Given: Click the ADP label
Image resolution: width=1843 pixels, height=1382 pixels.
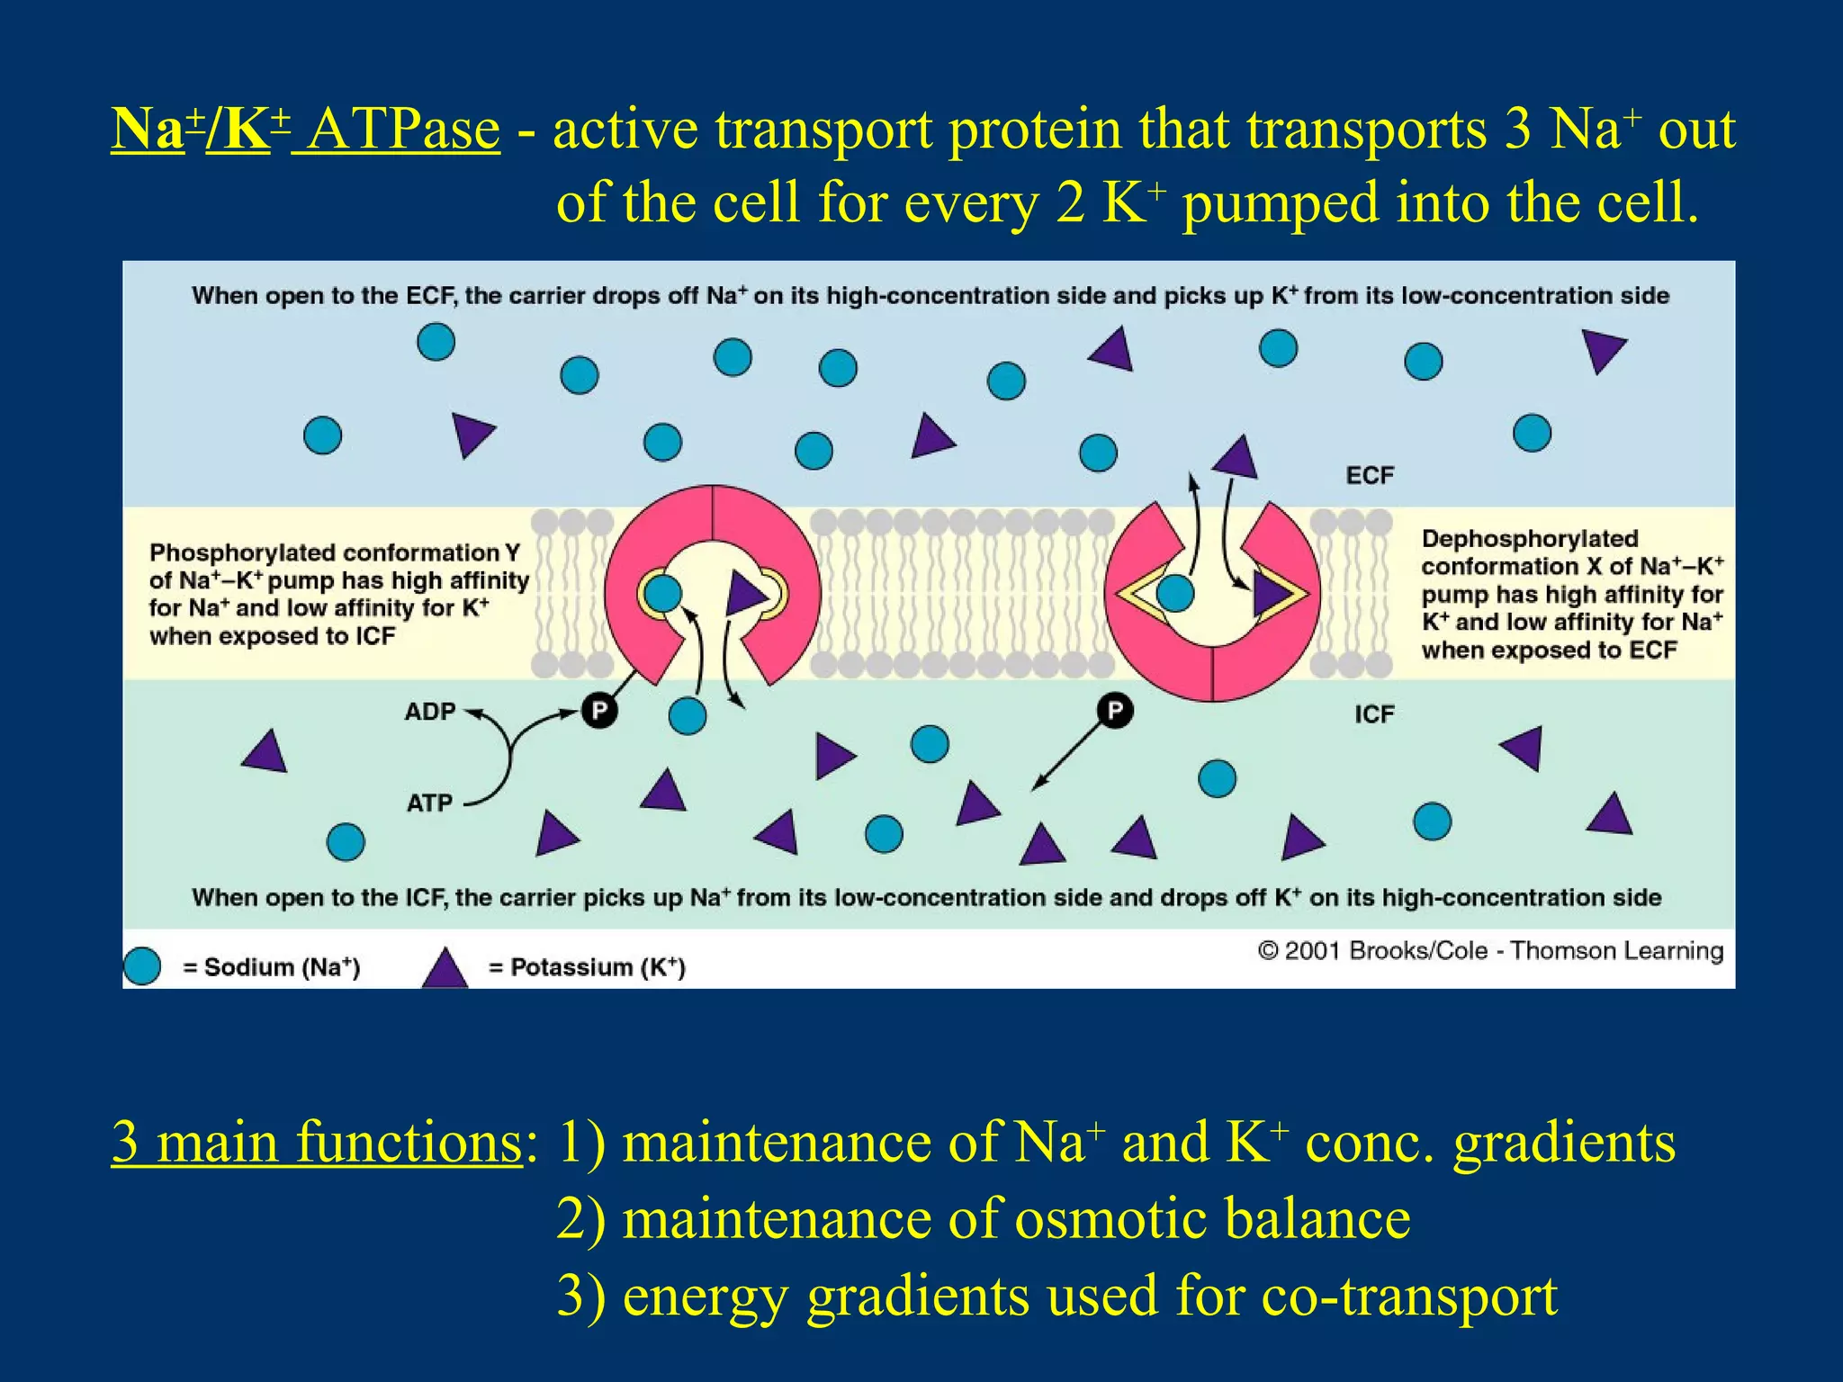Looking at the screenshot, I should (x=430, y=712).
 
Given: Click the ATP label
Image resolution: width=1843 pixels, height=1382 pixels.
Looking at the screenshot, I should (x=429, y=803).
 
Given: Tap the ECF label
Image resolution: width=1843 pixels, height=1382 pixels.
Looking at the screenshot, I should (x=1370, y=475).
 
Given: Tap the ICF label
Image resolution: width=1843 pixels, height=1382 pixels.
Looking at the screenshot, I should (x=1374, y=714).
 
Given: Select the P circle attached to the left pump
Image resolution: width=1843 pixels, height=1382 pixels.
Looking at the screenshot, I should (x=599, y=711).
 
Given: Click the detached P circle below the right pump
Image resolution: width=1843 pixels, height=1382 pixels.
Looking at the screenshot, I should (x=1115, y=711).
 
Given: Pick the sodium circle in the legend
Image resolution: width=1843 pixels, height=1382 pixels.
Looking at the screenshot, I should (x=142, y=966).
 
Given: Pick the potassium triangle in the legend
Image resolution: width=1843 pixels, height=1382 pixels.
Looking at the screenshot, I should (x=445, y=970).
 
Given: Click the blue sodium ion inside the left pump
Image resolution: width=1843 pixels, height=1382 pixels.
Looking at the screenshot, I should (x=664, y=594).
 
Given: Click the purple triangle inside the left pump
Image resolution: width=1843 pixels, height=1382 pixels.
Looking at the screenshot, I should (x=744, y=595).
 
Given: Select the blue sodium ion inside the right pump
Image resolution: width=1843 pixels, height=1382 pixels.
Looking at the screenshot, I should (x=1174, y=594).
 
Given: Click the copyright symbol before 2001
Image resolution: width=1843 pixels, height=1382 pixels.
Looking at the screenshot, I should (x=1268, y=951).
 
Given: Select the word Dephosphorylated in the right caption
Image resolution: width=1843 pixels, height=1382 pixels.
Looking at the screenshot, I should (x=1530, y=539).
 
